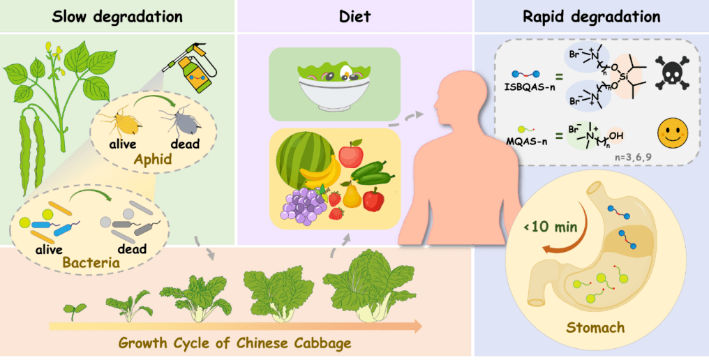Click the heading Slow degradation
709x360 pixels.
click(117, 16)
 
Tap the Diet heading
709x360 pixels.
click(355, 16)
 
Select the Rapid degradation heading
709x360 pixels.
click(592, 16)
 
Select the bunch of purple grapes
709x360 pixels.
click(302, 206)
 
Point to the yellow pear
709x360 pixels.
click(350, 195)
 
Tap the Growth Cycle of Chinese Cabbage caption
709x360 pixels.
click(235, 343)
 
